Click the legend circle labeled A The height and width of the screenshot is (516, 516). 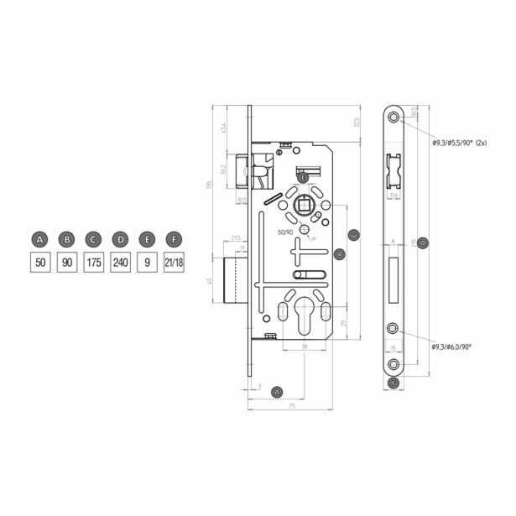(39, 241)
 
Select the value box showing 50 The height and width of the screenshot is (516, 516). (39, 263)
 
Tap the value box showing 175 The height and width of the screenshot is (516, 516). (94, 263)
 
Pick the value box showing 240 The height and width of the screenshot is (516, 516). (121, 263)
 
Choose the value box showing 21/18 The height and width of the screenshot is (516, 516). (175, 263)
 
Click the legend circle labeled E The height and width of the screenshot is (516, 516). (148, 241)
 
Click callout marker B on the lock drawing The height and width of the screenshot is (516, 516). (339, 253)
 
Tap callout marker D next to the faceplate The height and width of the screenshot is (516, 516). (423, 243)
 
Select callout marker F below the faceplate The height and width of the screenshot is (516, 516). (394, 383)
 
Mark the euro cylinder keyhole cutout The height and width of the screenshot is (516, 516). (302, 313)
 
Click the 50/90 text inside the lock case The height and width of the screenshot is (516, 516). (286, 232)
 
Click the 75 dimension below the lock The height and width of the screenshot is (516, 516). (291, 406)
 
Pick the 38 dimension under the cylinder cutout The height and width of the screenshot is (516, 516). (302, 346)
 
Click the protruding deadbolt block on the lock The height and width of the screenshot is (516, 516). (237, 280)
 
